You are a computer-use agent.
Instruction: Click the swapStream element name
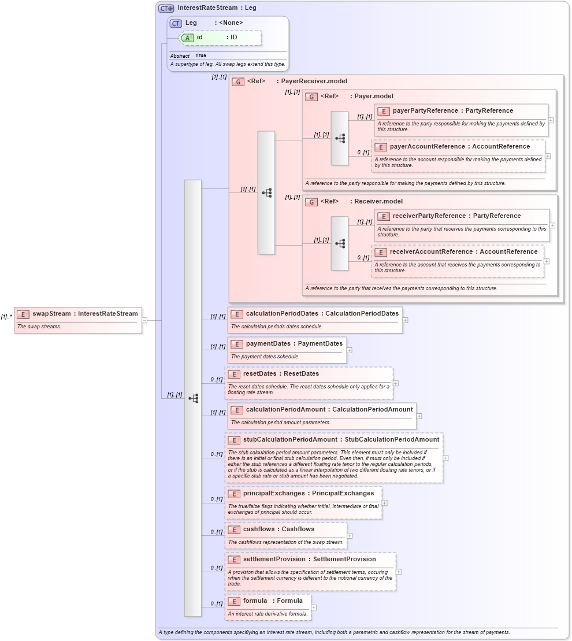pos(52,313)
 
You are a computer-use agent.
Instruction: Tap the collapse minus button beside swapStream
pos(144,320)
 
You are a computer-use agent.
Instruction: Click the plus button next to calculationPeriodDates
pos(405,320)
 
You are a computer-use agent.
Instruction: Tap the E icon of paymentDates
pos(237,344)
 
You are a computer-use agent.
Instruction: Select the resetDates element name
pos(261,373)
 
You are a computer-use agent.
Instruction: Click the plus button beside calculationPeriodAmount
pos(419,416)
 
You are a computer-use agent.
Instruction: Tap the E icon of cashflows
pos(234,529)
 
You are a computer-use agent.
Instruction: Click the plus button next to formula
pos(314,607)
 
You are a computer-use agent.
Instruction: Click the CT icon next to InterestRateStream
pos(166,8)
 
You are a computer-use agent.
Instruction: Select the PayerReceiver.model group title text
pos(314,81)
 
